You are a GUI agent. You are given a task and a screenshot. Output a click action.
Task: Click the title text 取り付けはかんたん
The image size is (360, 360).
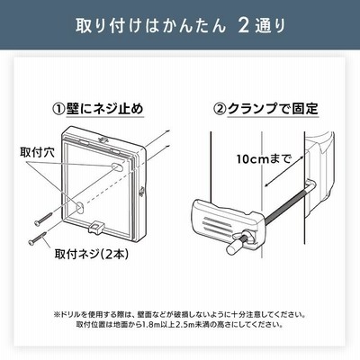pyautogui.click(x=150, y=26)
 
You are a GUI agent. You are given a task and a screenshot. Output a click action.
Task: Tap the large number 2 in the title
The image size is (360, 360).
pyautogui.click(x=244, y=26)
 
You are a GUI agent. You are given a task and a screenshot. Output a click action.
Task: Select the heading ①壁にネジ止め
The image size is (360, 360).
pyautogui.click(x=98, y=109)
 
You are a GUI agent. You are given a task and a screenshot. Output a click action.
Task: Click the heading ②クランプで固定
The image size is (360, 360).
pyautogui.click(x=265, y=109)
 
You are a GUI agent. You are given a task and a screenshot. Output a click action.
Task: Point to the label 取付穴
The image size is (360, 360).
pyautogui.click(x=37, y=153)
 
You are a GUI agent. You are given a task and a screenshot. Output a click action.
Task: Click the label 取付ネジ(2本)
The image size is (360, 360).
pyautogui.click(x=92, y=255)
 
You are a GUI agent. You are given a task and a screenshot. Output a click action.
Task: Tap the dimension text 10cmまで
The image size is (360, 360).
pyautogui.click(x=264, y=158)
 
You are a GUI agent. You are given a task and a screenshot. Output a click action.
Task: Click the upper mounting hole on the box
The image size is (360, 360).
pyautogui.click(x=116, y=167)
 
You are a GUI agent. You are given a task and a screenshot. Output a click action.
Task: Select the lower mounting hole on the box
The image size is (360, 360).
pyautogui.click(x=79, y=207)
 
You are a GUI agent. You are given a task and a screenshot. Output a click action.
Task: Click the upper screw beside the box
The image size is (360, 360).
pyautogui.click(x=43, y=219)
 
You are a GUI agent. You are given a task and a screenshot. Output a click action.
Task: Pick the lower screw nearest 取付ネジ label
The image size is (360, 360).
pyautogui.click(x=37, y=238)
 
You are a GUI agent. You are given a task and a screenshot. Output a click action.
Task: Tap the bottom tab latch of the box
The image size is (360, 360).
pyautogui.click(x=96, y=228)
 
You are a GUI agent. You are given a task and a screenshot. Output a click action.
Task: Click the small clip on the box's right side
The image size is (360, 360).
pyautogui.click(x=141, y=192)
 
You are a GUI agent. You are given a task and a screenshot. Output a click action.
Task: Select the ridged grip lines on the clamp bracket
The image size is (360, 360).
pyautogui.click(x=218, y=224)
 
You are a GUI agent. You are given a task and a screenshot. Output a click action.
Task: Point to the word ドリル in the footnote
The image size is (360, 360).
pyautogui.click(x=70, y=315)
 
